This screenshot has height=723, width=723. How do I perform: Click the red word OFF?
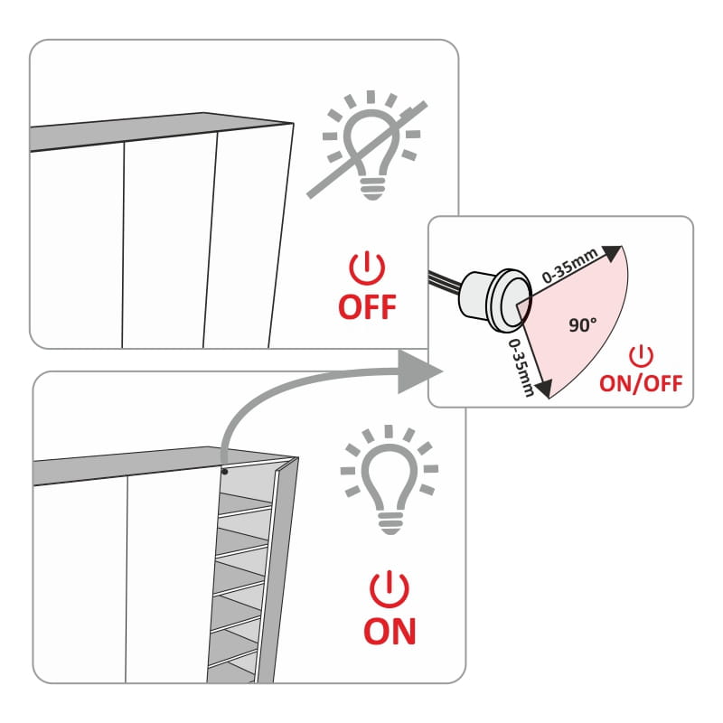click(x=367, y=307)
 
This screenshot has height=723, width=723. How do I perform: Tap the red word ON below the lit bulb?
click(x=390, y=631)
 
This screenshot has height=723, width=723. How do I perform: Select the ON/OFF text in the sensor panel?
click(x=641, y=383)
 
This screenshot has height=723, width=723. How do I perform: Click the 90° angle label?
click(x=582, y=325)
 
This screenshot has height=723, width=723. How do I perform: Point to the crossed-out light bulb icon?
click(x=368, y=146)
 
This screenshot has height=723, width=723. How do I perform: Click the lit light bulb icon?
click(x=390, y=480)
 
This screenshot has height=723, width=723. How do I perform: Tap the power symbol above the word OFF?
click(x=367, y=268)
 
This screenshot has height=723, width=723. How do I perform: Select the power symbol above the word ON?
click(x=390, y=589)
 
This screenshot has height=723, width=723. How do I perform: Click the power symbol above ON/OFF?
click(x=641, y=356)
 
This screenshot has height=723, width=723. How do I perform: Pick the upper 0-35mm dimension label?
click(x=569, y=265)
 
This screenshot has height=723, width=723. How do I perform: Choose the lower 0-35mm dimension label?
click(x=521, y=368)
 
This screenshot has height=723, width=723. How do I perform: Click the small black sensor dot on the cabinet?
click(x=224, y=471)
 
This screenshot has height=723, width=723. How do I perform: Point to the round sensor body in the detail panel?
click(x=496, y=301)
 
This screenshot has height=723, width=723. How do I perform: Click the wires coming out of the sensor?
click(x=445, y=281)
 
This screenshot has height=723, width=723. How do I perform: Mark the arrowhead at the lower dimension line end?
click(x=544, y=389)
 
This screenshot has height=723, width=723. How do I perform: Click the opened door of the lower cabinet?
click(x=277, y=569)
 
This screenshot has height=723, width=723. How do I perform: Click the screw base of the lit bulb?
click(x=390, y=522)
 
